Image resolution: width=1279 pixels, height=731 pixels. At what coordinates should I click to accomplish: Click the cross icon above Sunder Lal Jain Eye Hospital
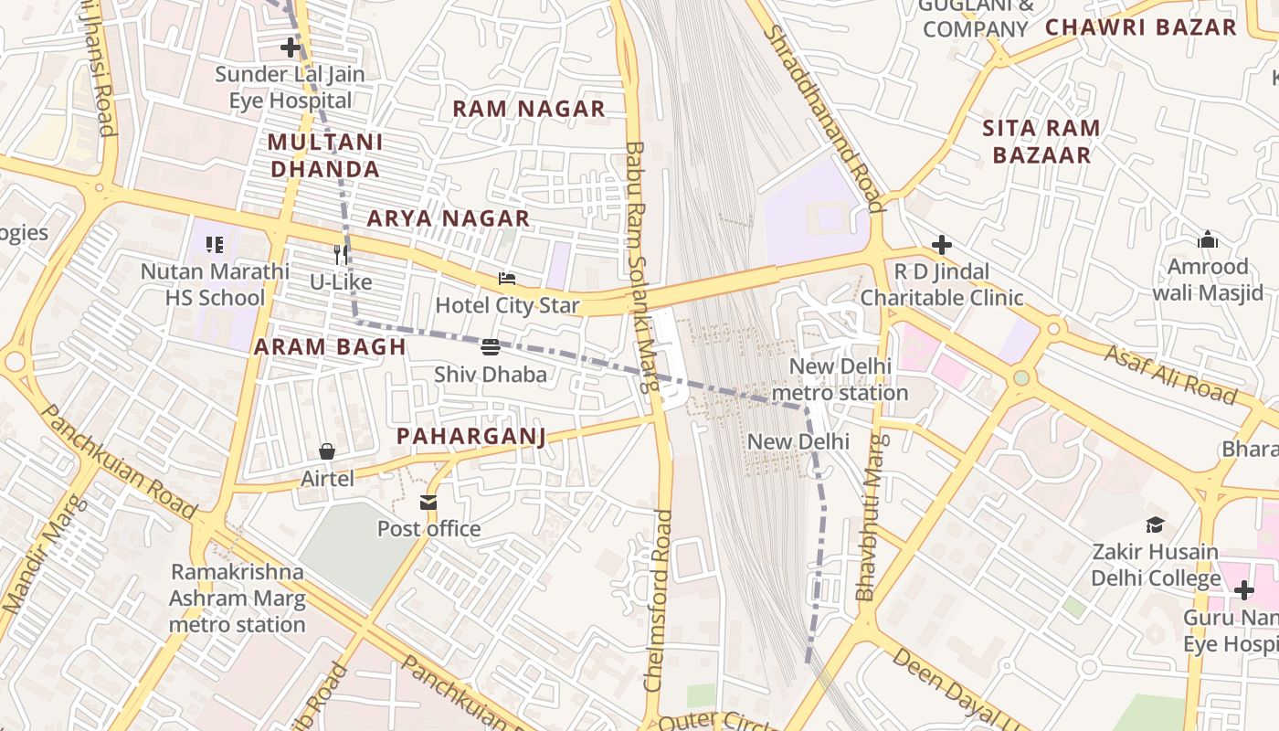pos(291,47)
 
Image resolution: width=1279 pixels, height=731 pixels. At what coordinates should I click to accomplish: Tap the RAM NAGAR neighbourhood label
pos(529,109)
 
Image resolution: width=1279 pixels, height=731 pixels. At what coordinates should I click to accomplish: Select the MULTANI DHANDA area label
pos(325,155)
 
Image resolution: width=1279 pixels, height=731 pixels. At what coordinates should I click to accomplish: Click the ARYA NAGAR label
pos(449,218)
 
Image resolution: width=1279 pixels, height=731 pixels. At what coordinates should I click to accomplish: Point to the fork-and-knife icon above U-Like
pos(341,255)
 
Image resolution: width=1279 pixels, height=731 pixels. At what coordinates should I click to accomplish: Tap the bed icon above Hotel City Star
pos(507,278)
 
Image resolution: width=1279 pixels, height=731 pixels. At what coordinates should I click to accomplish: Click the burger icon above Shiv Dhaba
pos(491,346)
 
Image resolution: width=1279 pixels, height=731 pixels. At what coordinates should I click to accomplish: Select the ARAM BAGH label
pos(330,346)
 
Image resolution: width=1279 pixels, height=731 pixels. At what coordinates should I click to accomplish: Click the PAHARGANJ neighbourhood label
pos(471,436)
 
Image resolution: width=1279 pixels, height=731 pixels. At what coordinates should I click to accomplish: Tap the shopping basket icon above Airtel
pos(327,451)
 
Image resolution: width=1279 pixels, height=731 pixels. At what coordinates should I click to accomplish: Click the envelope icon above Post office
pos(428,502)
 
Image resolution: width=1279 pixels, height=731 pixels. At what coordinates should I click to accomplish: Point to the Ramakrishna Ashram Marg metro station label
pos(237,599)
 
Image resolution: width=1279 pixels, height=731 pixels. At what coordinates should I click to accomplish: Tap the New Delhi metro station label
pos(840,380)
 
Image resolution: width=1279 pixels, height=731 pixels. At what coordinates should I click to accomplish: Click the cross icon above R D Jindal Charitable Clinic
pos(942,245)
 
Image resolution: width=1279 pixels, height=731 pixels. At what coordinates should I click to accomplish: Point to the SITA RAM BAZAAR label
pos(1041,142)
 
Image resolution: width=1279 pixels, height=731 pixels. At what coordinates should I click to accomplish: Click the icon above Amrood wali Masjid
pos(1208,239)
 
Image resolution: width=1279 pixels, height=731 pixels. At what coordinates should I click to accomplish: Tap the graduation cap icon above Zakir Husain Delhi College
pos(1156,524)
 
